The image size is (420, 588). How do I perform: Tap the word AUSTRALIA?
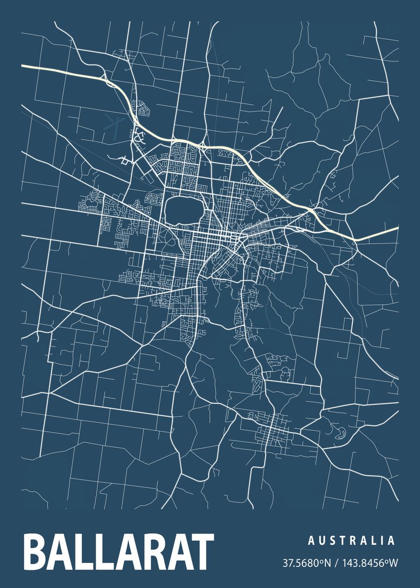coord(351,540)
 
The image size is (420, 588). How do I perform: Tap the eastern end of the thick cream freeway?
coord(397,228)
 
